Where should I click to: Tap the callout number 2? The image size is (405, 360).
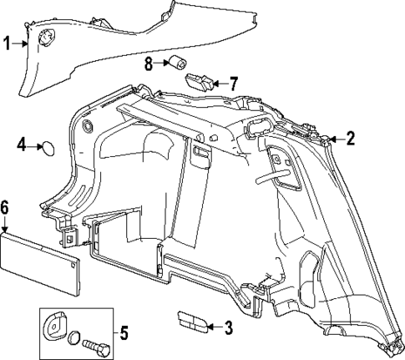tap(351, 139)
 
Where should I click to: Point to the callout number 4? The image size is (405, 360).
tap(23, 146)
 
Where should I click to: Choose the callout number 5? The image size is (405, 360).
tap(124, 336)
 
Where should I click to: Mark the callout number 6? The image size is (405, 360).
tap(5, 206)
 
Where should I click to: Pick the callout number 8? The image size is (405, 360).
tap(149, 63)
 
